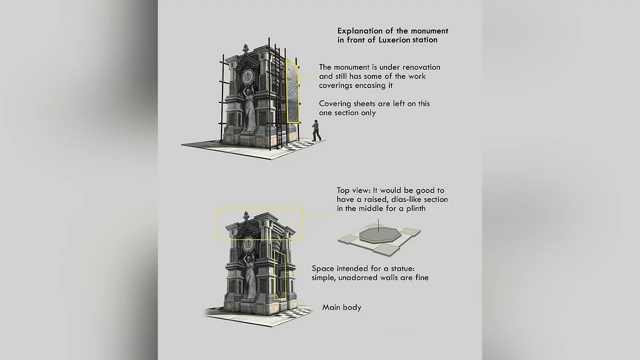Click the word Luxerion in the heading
pyautogui.click(x=394, y=40)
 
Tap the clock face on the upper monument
pyautogui.click(x=247, y=77)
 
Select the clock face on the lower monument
pyautogui.click(x=248, y=245)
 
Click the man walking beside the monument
pyautogui.click(x=316, y=131)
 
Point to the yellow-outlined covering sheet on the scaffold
pyautogui.click(x=293, y=91)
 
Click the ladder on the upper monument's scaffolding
pyautogui.click(x=278, y=97)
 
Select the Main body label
pyautogui.click(x=342, y=307)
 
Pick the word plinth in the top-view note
pyautogui.click(x=416, y=209)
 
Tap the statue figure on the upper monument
pyautogui.click(x=249, y=109)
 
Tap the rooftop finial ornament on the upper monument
pyautogui.click(x=245, y=48)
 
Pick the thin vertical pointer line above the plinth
pyautogui.click(x=378, y=226)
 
